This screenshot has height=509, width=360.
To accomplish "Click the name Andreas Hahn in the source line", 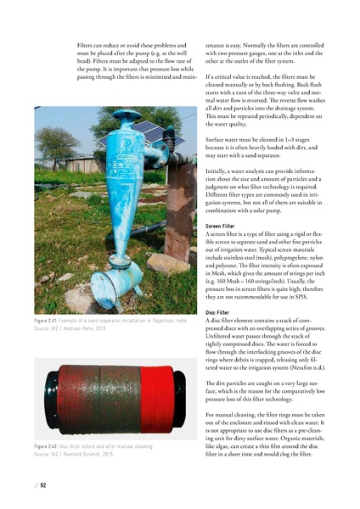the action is [x=92, y=353].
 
